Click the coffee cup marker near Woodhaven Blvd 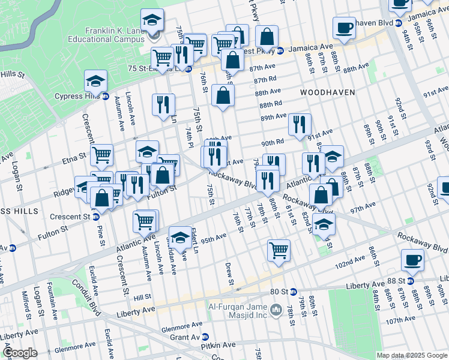(344, 28)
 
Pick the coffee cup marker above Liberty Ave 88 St (412, 260)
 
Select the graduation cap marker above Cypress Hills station (95, 80)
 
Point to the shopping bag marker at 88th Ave (223, 95)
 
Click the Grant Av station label (188, 337)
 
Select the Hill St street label (142, 297)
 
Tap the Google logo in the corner (20, 353)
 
